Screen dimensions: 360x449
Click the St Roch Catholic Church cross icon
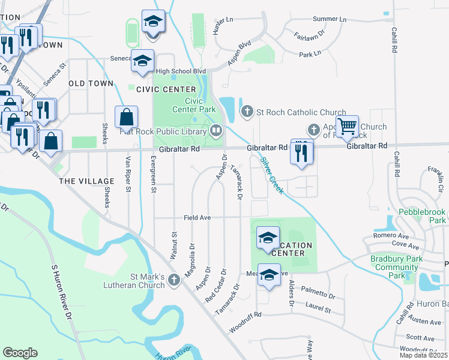click(x=247, y=112)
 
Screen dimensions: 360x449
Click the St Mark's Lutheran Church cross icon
click(x=174, y=280)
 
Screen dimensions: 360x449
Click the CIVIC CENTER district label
click(x=158, y=89)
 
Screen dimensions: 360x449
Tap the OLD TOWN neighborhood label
click(x=91, y=83)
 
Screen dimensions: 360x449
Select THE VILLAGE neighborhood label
click(x=86, y=181)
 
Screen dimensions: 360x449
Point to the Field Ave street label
click(x=197, y=218)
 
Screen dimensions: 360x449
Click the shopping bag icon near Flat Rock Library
click(x=127, y=116)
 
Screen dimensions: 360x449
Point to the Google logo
click(x=20, y=353)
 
